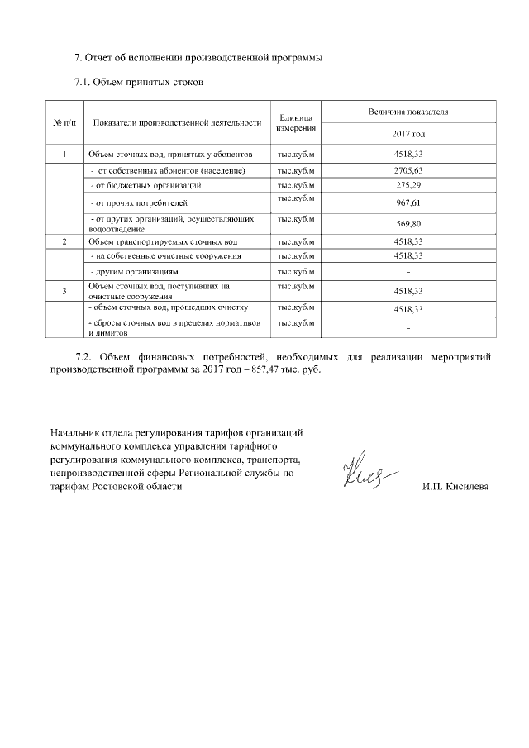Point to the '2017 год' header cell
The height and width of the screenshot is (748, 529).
tap(408, 134)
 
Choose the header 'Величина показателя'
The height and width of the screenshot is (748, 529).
tap(408, 111)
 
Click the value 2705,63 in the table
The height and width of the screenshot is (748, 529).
tap(408, 170)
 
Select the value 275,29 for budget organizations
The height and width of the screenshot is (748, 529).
tap(408, 185)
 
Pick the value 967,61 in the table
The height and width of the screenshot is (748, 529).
tap(408, 202)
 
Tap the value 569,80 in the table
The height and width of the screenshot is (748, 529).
tap(408, 224)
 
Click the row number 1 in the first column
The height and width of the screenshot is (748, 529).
tap(64, 155)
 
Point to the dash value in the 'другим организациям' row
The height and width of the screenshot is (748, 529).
tap(408, 272)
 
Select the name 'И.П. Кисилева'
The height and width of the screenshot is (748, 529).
tap(455, 486)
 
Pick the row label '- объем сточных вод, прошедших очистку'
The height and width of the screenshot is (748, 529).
tap(168, 307)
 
